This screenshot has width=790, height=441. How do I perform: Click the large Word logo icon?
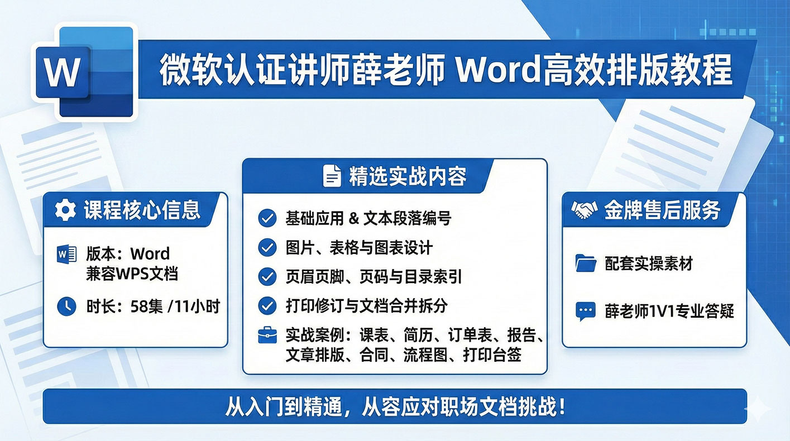[x=85, y=72]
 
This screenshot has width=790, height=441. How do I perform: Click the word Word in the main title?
[x=497, y=70]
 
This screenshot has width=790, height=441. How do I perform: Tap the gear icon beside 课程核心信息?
[x=65, y=210]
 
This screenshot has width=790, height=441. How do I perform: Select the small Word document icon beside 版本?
[x=66, y=254]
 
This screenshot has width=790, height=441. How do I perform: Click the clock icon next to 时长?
[x=66, y=306]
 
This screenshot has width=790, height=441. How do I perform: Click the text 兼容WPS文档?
[x=132, y=274]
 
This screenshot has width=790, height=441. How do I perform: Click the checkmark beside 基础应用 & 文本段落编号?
[x=267, y=218]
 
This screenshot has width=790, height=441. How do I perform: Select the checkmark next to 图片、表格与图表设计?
[x=267, y=247]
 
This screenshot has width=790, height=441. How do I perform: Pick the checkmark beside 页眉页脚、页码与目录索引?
[x=267, y=277]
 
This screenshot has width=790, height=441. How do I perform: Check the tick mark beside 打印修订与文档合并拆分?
[x=267, y=306]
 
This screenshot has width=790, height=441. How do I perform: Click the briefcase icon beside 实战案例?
[x=267, y=335]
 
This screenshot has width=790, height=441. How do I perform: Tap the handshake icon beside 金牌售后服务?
[x=584, y=210]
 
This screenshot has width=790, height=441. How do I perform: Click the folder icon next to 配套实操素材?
[x=586, y=263]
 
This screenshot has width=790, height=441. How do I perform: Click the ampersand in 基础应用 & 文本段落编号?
[x=354, y=219]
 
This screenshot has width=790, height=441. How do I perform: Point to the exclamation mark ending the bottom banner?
[x=562, y=406]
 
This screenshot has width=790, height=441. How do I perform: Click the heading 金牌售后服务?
[x=662, y=210]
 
